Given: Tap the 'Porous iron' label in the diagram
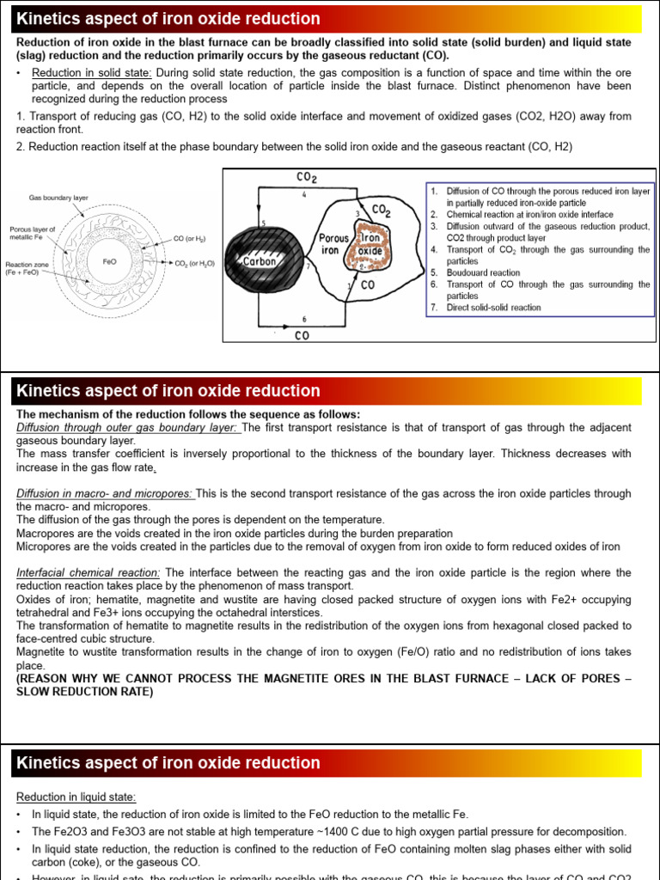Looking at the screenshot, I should click(x=333, y=244).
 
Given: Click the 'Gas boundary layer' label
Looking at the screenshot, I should click(x=58, y=198).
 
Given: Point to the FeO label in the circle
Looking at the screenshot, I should click(x=109, y=260).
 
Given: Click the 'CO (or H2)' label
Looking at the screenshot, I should click(x=190, y=238).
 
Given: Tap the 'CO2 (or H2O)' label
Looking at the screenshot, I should click(x=194, y=264).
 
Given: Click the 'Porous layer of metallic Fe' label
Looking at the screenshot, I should click(x=33, y=234).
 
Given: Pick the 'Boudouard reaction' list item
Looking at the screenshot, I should click(x=483, y=272).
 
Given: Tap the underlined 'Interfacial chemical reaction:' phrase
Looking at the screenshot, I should click(x=89, y=572).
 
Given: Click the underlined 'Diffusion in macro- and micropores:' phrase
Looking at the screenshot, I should click(x=106, y=493).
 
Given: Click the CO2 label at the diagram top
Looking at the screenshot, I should click(x=306, y=178).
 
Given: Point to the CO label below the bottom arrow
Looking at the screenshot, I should click(x=302, y=336).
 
